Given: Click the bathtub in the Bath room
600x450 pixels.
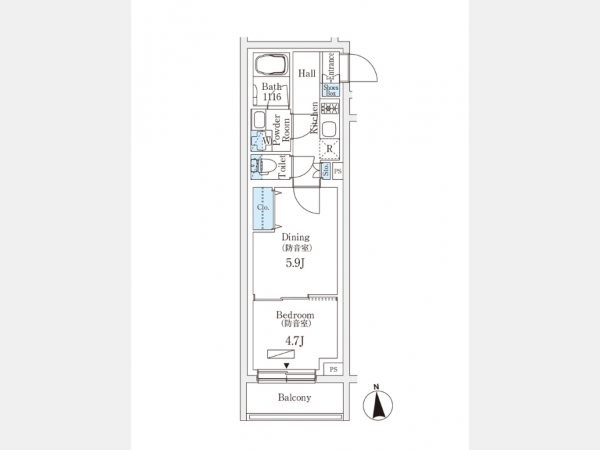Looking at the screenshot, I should [x=270, y=65].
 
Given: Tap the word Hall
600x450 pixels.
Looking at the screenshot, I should [x=307, y=73].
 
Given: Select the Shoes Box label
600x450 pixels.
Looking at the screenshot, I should [x=331, y=90].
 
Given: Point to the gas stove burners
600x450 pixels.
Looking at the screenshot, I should [x=331, y=108].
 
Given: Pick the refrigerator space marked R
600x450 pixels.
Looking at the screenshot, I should [x=330, y=149].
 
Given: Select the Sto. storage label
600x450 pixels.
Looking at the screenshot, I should [x=326, y=171].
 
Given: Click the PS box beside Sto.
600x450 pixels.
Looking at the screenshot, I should [x=338, y=171].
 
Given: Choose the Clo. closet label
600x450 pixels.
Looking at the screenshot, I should [x=263, y=207].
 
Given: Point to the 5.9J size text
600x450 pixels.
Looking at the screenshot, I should [x=295, y=263].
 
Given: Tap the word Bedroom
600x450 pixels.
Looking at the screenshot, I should [x=295, y=315].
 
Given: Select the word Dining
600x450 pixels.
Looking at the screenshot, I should [x=295, y=237].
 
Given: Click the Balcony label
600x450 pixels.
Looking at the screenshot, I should [x=294, y=397].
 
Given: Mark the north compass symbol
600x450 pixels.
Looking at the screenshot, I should [x=378, y=404].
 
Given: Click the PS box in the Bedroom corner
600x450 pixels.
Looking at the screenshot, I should [x=333, y=369].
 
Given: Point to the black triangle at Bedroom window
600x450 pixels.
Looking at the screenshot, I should [x=287, y=365].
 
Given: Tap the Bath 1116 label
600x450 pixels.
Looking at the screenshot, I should [x=271, y=92].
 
